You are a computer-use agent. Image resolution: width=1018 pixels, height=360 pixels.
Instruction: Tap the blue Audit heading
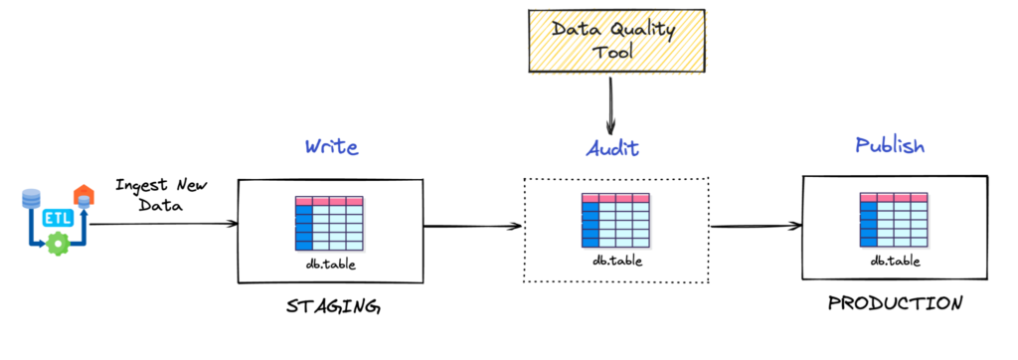coord(612,149)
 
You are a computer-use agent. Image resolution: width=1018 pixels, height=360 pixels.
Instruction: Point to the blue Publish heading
coord(890,146)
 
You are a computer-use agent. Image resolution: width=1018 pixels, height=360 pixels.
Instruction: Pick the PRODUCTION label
coord(895,304)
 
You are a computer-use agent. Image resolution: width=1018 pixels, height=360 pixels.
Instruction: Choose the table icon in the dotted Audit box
coord(614,222)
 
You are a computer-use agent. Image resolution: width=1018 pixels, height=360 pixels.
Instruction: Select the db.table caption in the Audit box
coord(616,262)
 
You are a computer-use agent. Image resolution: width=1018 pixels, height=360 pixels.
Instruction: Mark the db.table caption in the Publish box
coord(895,261)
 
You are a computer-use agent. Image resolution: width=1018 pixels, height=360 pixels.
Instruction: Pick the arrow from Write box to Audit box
coord(472,226)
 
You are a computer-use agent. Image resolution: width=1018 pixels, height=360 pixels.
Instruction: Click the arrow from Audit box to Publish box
coord(755,226)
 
